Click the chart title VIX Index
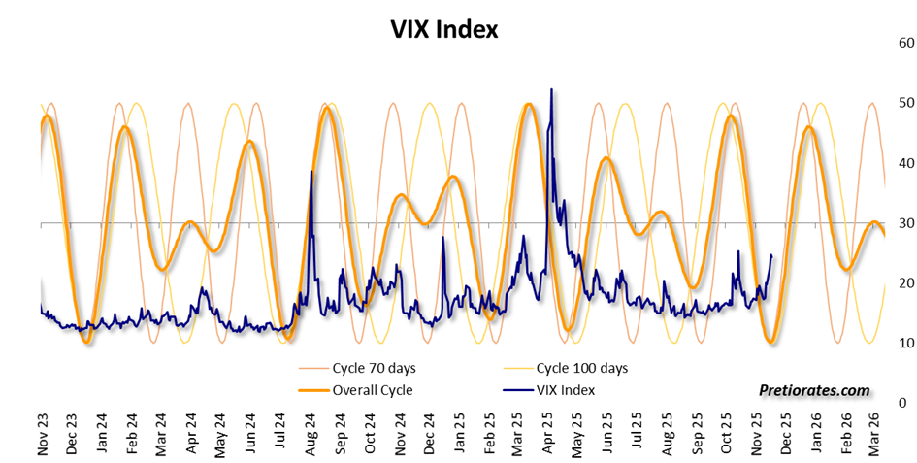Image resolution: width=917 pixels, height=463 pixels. pyautogui.click(x=443, y=30)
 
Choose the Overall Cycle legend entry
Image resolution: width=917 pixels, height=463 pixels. pyautogui.click(x=372, y=390)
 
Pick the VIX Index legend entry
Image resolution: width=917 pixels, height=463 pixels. pyautogui.click(x=563, y=390)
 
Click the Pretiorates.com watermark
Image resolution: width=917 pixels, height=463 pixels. pyautogui.click(x=814, y=390)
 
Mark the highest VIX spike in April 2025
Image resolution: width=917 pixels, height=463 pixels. pyautogui.click(x=551, y=89)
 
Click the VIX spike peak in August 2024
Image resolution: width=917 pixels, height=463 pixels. pyautogui.click(x=311, y=172)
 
